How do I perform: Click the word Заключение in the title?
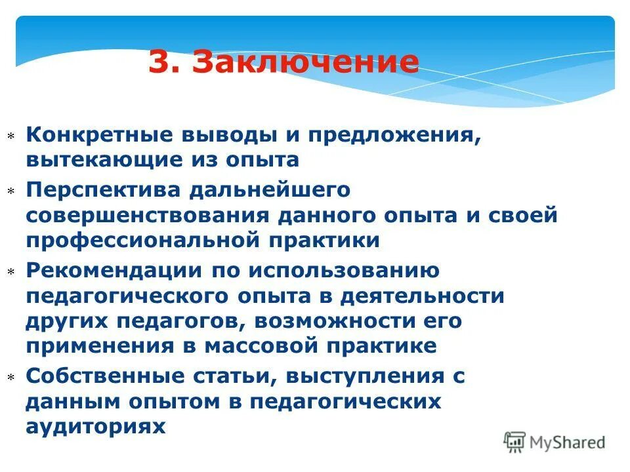coord(306,62)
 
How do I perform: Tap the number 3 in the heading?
coord(159,62)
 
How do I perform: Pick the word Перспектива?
coord(102,190)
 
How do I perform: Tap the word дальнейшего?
coord(270,190)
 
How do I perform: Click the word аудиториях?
coord(96,426)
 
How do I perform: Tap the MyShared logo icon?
coord(514,442)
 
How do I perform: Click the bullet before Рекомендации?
coord(10,271)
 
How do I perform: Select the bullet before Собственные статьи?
coord(10,378)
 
